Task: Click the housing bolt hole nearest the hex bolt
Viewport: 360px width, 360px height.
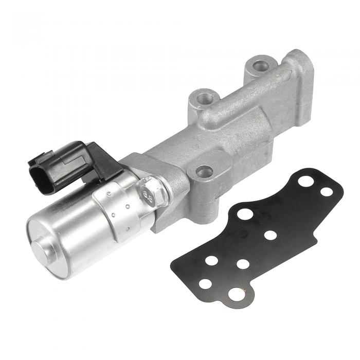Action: (x=204, y=171)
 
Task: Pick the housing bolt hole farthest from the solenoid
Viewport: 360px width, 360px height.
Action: (x=261, y=66)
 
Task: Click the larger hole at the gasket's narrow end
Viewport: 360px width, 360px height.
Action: (x=306, y=181)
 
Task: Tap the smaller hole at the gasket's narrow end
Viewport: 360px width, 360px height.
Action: (x=326, y=192)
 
